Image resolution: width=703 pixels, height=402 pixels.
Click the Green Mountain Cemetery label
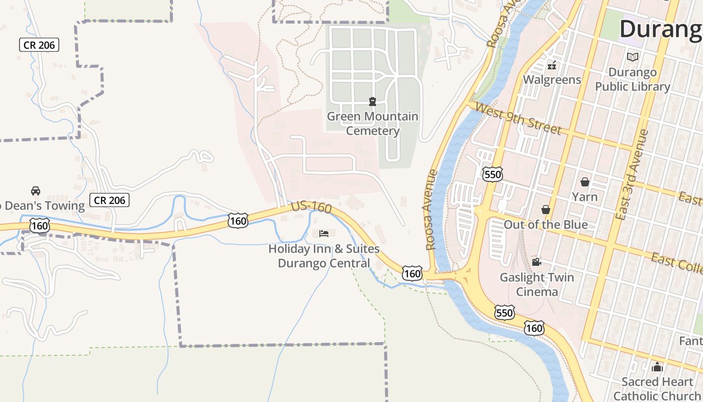(x=373, y=124)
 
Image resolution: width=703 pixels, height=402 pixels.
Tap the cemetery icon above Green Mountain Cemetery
(x=373, y=102)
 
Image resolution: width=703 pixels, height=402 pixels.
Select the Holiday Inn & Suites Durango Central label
(x=324, y=256)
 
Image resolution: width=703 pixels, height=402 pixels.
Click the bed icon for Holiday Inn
(x=324, y=234)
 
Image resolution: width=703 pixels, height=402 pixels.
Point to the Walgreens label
(x=552, y=79)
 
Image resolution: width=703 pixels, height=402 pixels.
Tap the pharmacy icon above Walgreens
(x=552, y=65)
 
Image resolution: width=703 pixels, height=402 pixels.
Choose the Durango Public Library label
(x=633, y=79)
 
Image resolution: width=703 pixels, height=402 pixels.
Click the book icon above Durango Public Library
(x=633, y=57)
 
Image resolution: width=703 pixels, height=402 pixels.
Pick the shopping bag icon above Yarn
(x=585, y=181)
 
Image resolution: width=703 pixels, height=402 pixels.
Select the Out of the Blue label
(x=546, y=224)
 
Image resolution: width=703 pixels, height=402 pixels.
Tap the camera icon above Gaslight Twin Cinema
(x=537, y=262)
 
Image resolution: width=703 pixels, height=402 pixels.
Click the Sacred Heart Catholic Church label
(x=657, y=388)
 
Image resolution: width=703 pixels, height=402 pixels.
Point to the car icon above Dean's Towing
(x=36, y=191)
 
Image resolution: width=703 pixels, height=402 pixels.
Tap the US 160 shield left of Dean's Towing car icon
(x=39, y=226)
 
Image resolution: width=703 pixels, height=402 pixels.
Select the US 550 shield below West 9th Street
(x=492, y=174)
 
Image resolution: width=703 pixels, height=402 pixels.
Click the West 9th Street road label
(x=518, y=119)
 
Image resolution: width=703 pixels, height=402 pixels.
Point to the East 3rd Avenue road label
(x=632, y=175)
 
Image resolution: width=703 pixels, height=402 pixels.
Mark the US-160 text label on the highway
(x=311, y=207)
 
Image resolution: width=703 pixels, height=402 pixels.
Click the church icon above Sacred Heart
(x=657, y=367)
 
